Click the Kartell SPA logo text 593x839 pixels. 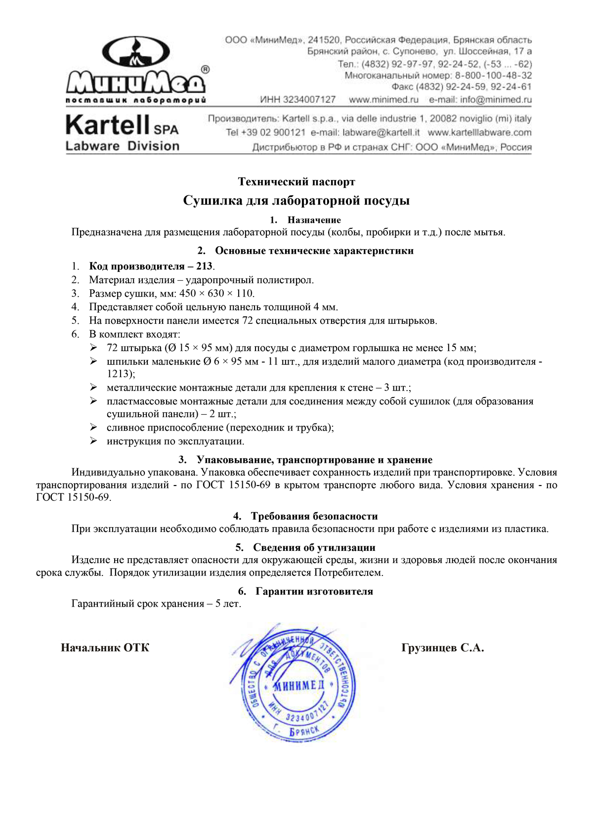[x=122, y=125]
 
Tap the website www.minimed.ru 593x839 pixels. [x=383, y=100]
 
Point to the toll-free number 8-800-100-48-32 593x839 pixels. [x=493, y=76]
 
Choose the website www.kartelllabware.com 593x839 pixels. [x=479, y=132]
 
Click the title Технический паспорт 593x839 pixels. [x=296, y=182]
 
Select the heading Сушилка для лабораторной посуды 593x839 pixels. [x=296, y=200]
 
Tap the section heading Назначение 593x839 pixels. [x=314, y=220]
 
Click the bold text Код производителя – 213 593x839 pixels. [x=151, y=266]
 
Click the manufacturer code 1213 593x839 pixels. [x=119, y=374]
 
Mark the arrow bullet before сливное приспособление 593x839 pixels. [x=93, y=427]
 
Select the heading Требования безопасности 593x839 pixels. [x=314, y=516]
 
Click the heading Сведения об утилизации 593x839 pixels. [x=314, y=547]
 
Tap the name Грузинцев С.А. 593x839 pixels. [x=443, y=648]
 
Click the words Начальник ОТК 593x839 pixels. [x=105, y=648]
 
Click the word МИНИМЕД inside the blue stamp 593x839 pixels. [x=299, y=685]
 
